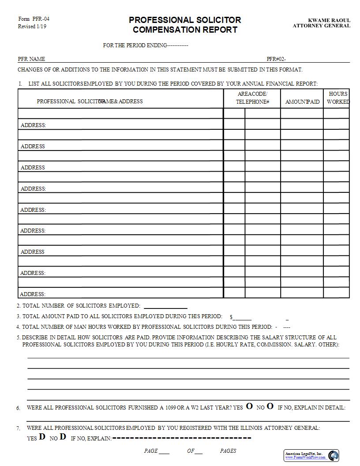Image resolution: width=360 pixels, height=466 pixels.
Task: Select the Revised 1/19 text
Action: tap(32, 26)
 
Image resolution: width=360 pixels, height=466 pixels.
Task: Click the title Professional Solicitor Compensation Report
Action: tap(185, 25)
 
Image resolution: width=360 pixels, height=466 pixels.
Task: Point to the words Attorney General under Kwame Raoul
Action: tap(321, 26)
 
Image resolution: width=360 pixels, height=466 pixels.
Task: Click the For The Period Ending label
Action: tap(135, 45)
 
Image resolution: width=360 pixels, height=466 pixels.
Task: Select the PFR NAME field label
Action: tap(31, 59)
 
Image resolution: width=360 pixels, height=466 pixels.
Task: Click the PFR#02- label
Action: tap(276, 59)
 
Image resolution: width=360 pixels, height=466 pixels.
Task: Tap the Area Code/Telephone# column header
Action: tap(252, 98)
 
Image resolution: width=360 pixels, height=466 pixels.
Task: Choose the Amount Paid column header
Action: tap(302, 102)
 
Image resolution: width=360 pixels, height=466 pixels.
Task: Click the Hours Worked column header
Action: tap(338, 98)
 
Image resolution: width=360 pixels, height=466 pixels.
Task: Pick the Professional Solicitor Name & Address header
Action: tap(90, 101)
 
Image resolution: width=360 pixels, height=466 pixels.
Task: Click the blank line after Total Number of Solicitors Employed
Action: tap(165, 306)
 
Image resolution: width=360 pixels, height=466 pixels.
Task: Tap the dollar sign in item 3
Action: tap(231, 317)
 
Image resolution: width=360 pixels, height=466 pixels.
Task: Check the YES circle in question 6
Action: tap(249, 406)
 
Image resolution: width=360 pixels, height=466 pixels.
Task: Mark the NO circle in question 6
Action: tap(270, 406)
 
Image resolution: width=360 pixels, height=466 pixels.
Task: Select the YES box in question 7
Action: tap(42, 437)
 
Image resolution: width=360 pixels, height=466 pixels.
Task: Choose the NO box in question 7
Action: tap(63, 437)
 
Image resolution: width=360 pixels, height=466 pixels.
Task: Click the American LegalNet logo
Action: tap(333, 455)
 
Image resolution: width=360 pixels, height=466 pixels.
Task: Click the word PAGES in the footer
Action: tap(228, 451)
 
